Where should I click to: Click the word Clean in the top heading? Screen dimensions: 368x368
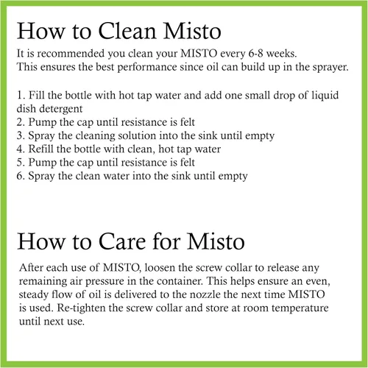[127, 31]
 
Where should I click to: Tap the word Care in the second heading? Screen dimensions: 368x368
[122, 241]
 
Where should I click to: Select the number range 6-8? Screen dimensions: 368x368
[256, 54]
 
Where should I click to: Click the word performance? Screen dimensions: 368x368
[147, 68]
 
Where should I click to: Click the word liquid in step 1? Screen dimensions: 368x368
[325, 96]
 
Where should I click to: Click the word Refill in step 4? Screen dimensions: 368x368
[40, 149]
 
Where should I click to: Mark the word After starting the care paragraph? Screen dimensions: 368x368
[31, 267]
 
